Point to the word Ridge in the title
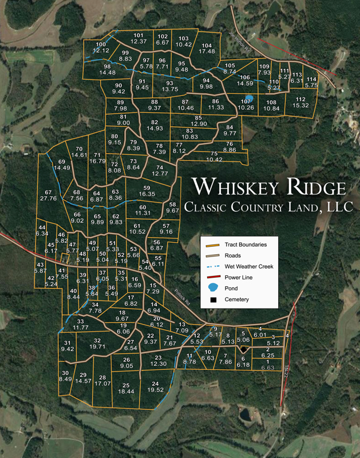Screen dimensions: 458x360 click(x=316, y=187)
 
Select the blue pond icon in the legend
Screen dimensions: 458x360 click(x=213, y=288)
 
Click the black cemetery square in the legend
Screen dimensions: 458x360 click(x=213, y=299)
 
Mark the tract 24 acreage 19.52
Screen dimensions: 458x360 click(x=156, y=390)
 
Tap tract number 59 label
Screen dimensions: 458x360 click(x=147, y=188)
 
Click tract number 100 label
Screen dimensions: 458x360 click(x=101, y=45)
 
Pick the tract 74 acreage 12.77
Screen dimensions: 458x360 click(x=160, y=173)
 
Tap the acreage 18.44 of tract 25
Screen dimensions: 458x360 click(x=126, y=392)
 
